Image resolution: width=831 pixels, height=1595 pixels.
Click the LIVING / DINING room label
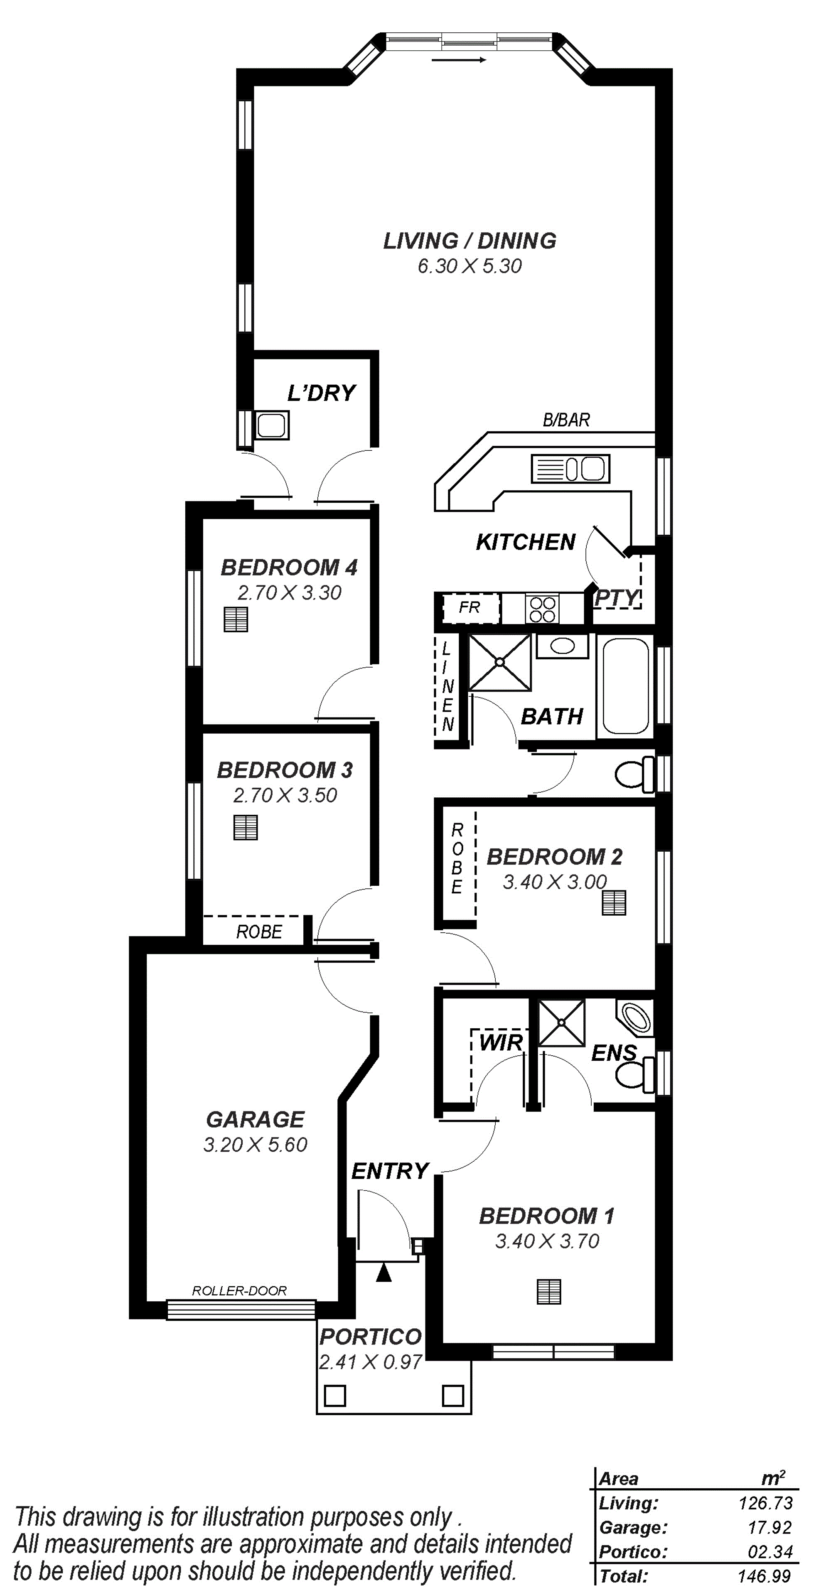click(x=470, y=240)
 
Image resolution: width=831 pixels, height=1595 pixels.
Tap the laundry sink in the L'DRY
click(x=272, y=425)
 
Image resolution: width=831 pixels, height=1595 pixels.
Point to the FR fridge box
click(x=470, y=608)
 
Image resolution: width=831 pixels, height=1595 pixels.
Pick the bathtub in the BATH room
click(x=625, y=686)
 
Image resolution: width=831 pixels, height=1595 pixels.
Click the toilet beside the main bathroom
click(x=635, y=773)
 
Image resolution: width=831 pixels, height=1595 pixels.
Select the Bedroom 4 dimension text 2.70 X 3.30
click(x=290, y=592)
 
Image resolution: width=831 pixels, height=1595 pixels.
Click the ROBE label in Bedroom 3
click(x=259, y=931)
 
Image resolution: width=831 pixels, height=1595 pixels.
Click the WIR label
click(x=501, y=1042)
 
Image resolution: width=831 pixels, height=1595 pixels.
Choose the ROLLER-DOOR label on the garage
click(x=240, y=1291)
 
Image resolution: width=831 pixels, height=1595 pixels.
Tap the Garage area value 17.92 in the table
click(x=770, y=1528)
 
